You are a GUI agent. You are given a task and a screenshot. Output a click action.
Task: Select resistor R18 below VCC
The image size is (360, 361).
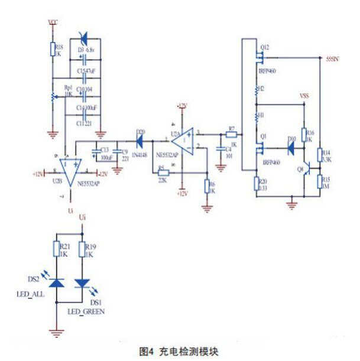coord(53,50)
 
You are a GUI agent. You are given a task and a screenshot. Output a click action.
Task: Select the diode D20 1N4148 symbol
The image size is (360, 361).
coord(141,141)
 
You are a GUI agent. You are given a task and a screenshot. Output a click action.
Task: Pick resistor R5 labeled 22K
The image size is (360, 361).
coord(163,173)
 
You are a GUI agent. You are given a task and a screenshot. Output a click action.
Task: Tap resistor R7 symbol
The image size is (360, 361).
coord(232,132)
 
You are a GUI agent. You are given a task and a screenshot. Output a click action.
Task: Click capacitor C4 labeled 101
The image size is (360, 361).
coord(220,148)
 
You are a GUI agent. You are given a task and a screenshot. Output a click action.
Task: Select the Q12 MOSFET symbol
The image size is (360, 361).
coord(258,58)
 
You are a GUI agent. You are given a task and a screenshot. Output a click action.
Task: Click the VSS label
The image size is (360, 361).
coord(304,95)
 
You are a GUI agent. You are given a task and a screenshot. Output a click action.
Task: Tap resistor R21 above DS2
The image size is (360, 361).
coord(57,249)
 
